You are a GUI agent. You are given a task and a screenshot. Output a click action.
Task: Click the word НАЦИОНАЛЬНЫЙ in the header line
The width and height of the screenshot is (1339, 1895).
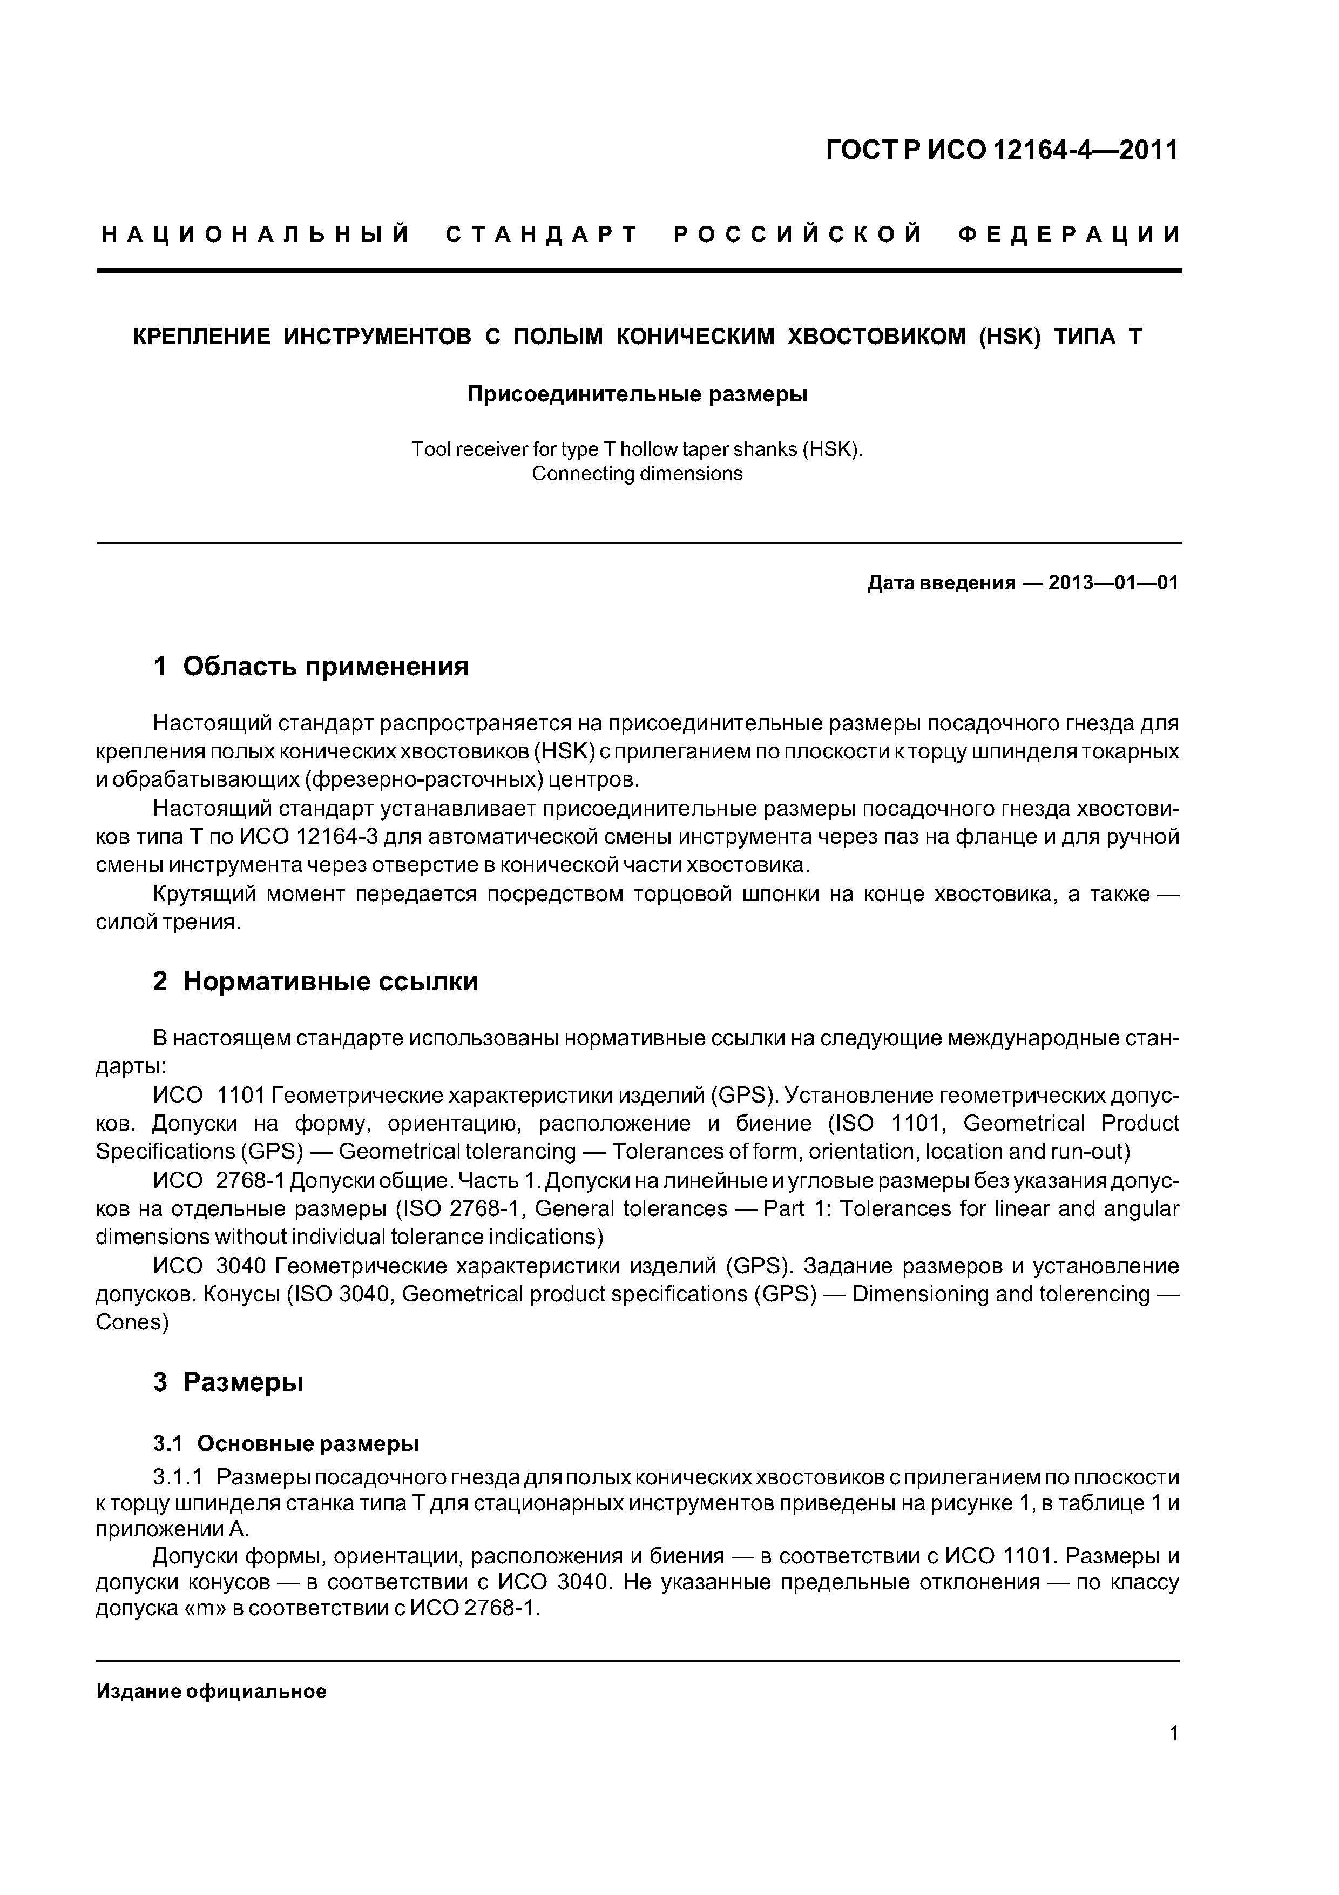(x=256, y=235)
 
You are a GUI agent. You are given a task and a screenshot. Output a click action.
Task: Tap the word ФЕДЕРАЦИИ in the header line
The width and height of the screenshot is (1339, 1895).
(x=1069, y=235)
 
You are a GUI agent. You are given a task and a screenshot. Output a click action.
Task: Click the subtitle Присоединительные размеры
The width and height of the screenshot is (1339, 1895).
(x=637, y=394)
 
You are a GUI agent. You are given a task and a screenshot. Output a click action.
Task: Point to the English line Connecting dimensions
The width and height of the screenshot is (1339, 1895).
(x=637, y=474)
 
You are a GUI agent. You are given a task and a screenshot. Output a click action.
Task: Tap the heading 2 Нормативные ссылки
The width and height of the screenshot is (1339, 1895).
(x=315, y=982)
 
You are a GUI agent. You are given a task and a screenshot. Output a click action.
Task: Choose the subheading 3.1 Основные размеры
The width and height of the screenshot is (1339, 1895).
(x=286, y=1443)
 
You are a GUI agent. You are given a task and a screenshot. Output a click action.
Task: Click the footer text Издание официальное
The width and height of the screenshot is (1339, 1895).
(x=211, y=1692)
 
